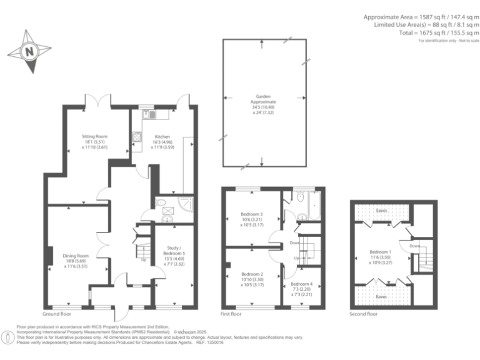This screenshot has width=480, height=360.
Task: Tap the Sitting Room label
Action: click(96, 141)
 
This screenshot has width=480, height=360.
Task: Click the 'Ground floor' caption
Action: click(57, 314)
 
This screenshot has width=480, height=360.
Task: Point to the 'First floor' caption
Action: click(231, 314)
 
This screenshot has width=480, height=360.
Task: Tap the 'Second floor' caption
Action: click(364, 314)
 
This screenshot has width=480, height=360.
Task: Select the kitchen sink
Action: click(151, 114)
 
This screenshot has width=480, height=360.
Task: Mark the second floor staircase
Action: click(426, 256)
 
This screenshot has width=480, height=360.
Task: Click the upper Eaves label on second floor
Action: click(381, 211)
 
